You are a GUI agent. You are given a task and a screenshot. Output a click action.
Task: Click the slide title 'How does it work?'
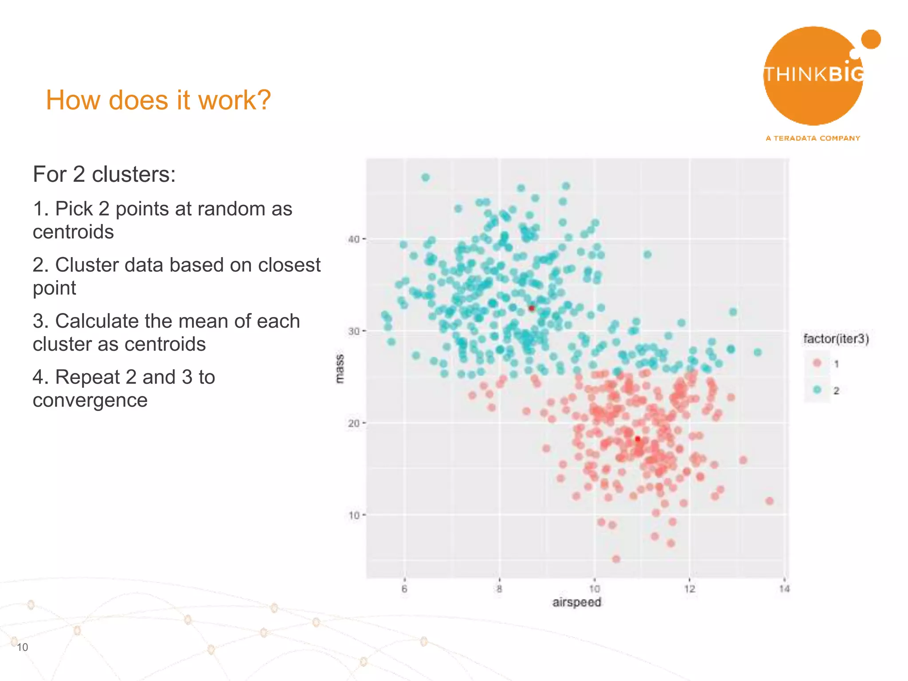tap(158, 100)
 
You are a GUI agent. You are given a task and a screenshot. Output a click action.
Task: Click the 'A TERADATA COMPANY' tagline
tap(813, 138)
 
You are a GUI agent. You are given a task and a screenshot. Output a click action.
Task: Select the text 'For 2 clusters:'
tap(104, 174)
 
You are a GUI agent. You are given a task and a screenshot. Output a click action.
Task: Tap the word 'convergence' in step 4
tap(90, 400)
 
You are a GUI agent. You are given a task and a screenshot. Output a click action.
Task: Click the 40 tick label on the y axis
tap(354, 239)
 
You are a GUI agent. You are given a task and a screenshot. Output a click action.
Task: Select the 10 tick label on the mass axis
tap(354, 516)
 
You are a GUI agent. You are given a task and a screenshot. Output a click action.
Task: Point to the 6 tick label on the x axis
tap(404, 589)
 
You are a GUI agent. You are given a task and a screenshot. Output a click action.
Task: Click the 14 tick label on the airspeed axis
tap(784, 589)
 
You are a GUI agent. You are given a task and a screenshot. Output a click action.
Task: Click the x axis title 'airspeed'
tap(576, 602)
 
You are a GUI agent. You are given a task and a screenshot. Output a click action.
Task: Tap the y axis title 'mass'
tap(339, 369)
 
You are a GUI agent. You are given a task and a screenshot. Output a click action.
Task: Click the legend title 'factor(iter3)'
tap(836, 339)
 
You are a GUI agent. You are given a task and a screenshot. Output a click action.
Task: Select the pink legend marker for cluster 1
tap(817, 363)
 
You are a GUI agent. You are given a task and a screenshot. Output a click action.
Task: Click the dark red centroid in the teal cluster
tap(532, 308)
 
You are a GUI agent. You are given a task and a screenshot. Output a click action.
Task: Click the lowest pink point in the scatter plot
tap(616, 559)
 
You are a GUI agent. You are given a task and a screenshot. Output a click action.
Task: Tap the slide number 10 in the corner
tap(22, 647)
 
